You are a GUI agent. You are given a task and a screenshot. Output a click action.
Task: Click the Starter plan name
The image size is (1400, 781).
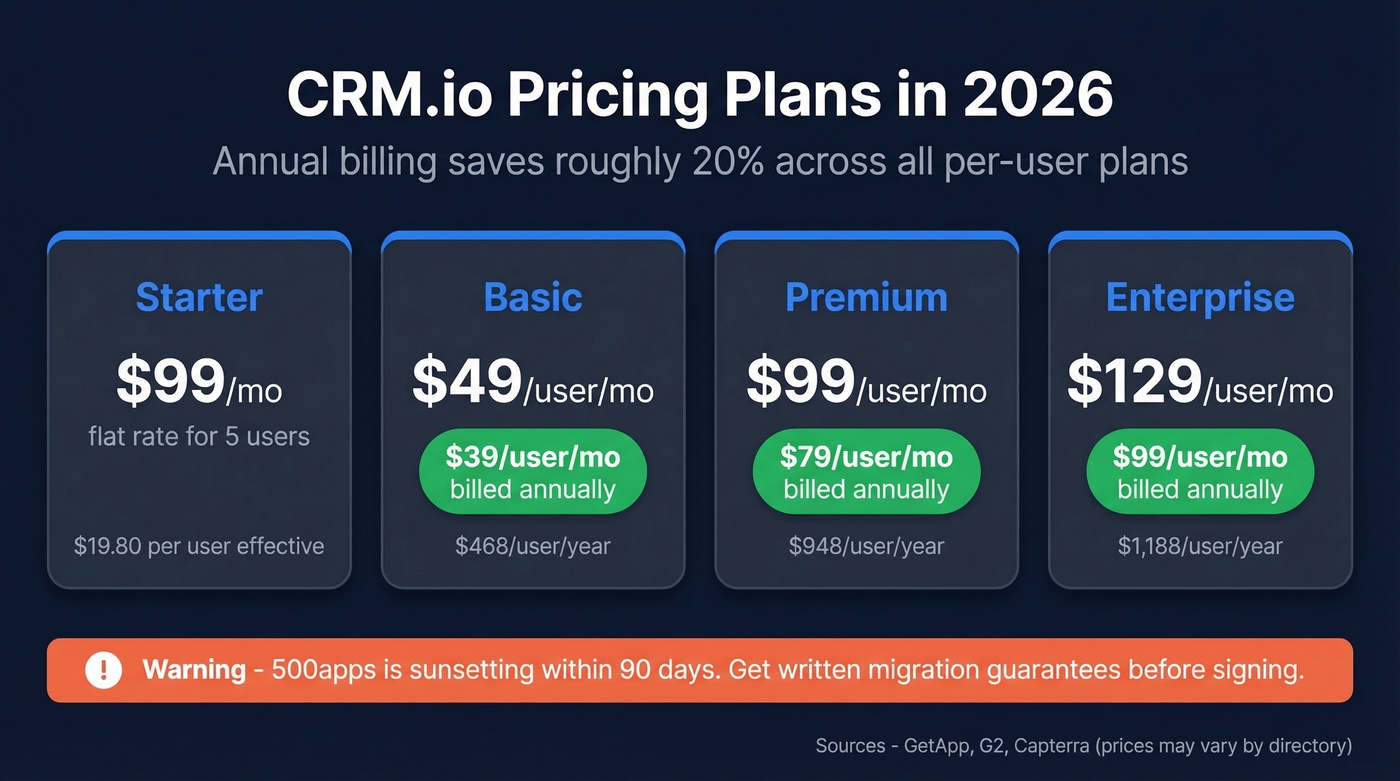tap(199, 298)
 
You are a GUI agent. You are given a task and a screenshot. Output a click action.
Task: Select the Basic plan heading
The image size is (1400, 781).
tap(533, 298)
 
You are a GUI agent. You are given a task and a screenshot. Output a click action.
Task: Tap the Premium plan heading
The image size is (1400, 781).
tap(866, 298)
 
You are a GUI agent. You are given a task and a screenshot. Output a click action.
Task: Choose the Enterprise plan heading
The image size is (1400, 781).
tap(1200, 298)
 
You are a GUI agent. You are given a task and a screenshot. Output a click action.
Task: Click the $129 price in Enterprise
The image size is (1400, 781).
tap(1134, 381)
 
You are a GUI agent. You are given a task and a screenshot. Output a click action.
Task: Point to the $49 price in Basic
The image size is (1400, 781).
tap(467, 381)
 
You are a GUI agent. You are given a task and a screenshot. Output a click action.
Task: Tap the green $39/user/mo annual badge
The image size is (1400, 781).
tap(533, 472)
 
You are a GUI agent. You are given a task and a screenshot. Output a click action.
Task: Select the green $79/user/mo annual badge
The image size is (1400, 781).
tap(866, 472)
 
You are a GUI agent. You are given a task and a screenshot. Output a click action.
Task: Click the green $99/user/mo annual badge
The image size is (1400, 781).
tap(1200, 472)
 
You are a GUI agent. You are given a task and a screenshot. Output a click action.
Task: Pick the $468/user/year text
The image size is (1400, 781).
tap(533, 546)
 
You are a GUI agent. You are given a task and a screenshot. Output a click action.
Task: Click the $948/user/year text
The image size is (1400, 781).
tap(866, 546)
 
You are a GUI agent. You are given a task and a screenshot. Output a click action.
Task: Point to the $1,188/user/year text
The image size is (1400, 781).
tap(1200, 546)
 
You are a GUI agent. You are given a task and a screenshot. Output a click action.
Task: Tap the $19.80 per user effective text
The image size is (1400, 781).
tap(199, 546)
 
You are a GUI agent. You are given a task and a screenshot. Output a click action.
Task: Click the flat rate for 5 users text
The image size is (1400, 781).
tap(199, 436)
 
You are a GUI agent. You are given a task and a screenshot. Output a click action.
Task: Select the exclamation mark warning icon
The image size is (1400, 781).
tap(103, 670)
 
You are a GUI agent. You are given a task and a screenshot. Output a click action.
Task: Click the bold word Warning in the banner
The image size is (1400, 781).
tap(194, 670)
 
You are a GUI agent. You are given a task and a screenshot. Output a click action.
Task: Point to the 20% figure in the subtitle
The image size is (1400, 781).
tap(718, 161)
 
